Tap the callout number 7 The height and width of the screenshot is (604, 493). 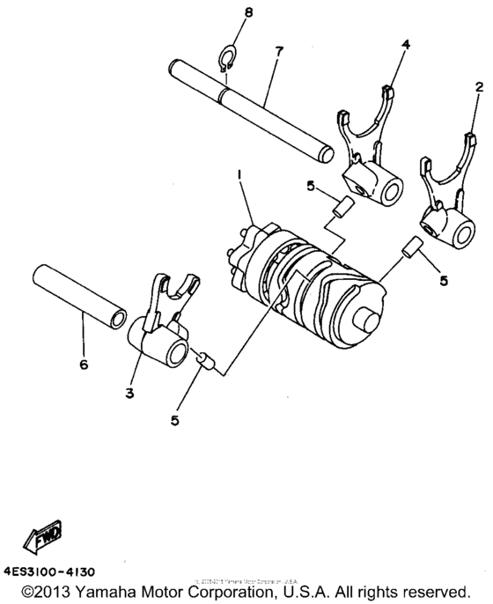pos(278,52)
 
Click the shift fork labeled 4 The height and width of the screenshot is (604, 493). pos(364,155)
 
